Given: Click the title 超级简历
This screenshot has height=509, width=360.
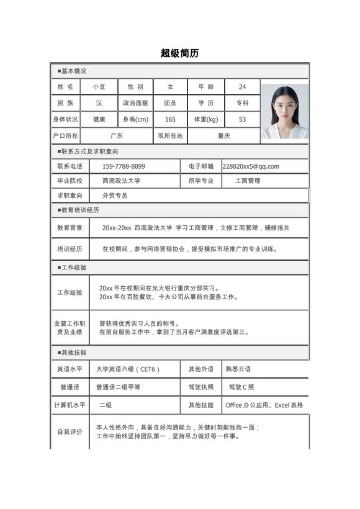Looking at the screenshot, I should point(179,53).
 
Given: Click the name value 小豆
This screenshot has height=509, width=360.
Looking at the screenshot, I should point(99,86).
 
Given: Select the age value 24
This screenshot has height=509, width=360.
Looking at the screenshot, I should point(242,86).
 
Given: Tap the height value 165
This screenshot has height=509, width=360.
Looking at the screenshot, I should point(170,119).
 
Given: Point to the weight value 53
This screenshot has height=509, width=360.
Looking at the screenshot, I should point(242,119).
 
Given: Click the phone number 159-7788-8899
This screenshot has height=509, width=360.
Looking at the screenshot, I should point(124,166).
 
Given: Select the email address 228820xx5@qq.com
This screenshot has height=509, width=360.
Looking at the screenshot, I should point(251,166).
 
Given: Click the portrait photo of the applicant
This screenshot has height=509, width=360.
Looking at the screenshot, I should point(284,110).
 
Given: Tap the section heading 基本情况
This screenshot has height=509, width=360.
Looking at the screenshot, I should point(74,71).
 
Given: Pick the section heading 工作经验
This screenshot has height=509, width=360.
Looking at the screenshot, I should point(74,268).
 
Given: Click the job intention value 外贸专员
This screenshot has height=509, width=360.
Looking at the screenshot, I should point(115,196).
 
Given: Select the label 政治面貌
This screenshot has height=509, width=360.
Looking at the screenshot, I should point(135,103).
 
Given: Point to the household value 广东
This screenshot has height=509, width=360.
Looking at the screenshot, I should point(116,135).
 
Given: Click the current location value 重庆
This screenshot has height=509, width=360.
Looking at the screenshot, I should point(223,135).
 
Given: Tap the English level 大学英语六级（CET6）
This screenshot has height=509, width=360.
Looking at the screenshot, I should point(128,369).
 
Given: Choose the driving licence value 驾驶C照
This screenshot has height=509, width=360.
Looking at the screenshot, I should point(241,387).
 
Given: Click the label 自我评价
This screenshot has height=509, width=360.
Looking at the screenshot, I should point(70,431).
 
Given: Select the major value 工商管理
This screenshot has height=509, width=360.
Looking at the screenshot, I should point(248,181).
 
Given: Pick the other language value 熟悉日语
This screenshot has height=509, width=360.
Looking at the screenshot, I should point(238,369).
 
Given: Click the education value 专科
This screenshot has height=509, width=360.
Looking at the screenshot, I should point(242,103).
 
